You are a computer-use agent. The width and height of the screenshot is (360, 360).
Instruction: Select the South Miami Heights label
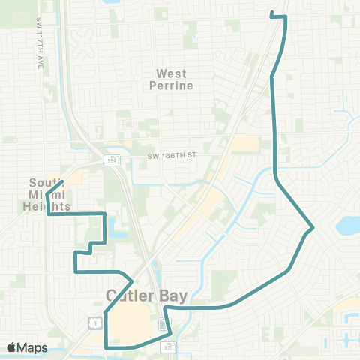tap(49, 194)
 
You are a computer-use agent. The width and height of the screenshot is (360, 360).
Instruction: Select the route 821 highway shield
tap(169, 346)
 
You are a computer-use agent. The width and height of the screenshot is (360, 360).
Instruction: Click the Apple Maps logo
tap(11, 347)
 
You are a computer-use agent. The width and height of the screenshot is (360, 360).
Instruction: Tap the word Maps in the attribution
tap(32, 347)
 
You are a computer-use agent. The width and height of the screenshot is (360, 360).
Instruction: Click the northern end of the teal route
tap(271, 13)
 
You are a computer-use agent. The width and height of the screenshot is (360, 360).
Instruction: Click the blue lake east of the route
tap(348, 224)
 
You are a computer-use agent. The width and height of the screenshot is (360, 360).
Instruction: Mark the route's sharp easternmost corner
tap(313, 226)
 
